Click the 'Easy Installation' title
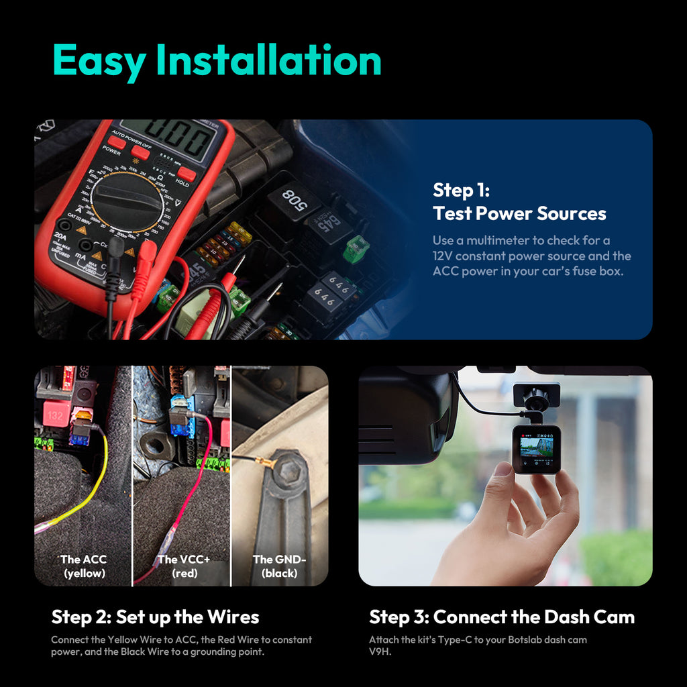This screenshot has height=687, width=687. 217,61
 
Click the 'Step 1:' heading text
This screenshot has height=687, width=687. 461,190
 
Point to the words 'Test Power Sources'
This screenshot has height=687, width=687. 519,214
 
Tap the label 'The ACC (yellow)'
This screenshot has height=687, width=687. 84,566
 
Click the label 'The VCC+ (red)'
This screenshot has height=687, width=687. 184,566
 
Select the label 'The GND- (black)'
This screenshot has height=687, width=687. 279,566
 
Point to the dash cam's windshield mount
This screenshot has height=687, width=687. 536,397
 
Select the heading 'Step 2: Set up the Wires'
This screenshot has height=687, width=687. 155,617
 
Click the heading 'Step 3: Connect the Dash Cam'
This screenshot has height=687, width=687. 502,617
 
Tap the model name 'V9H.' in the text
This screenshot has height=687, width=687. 380,651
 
